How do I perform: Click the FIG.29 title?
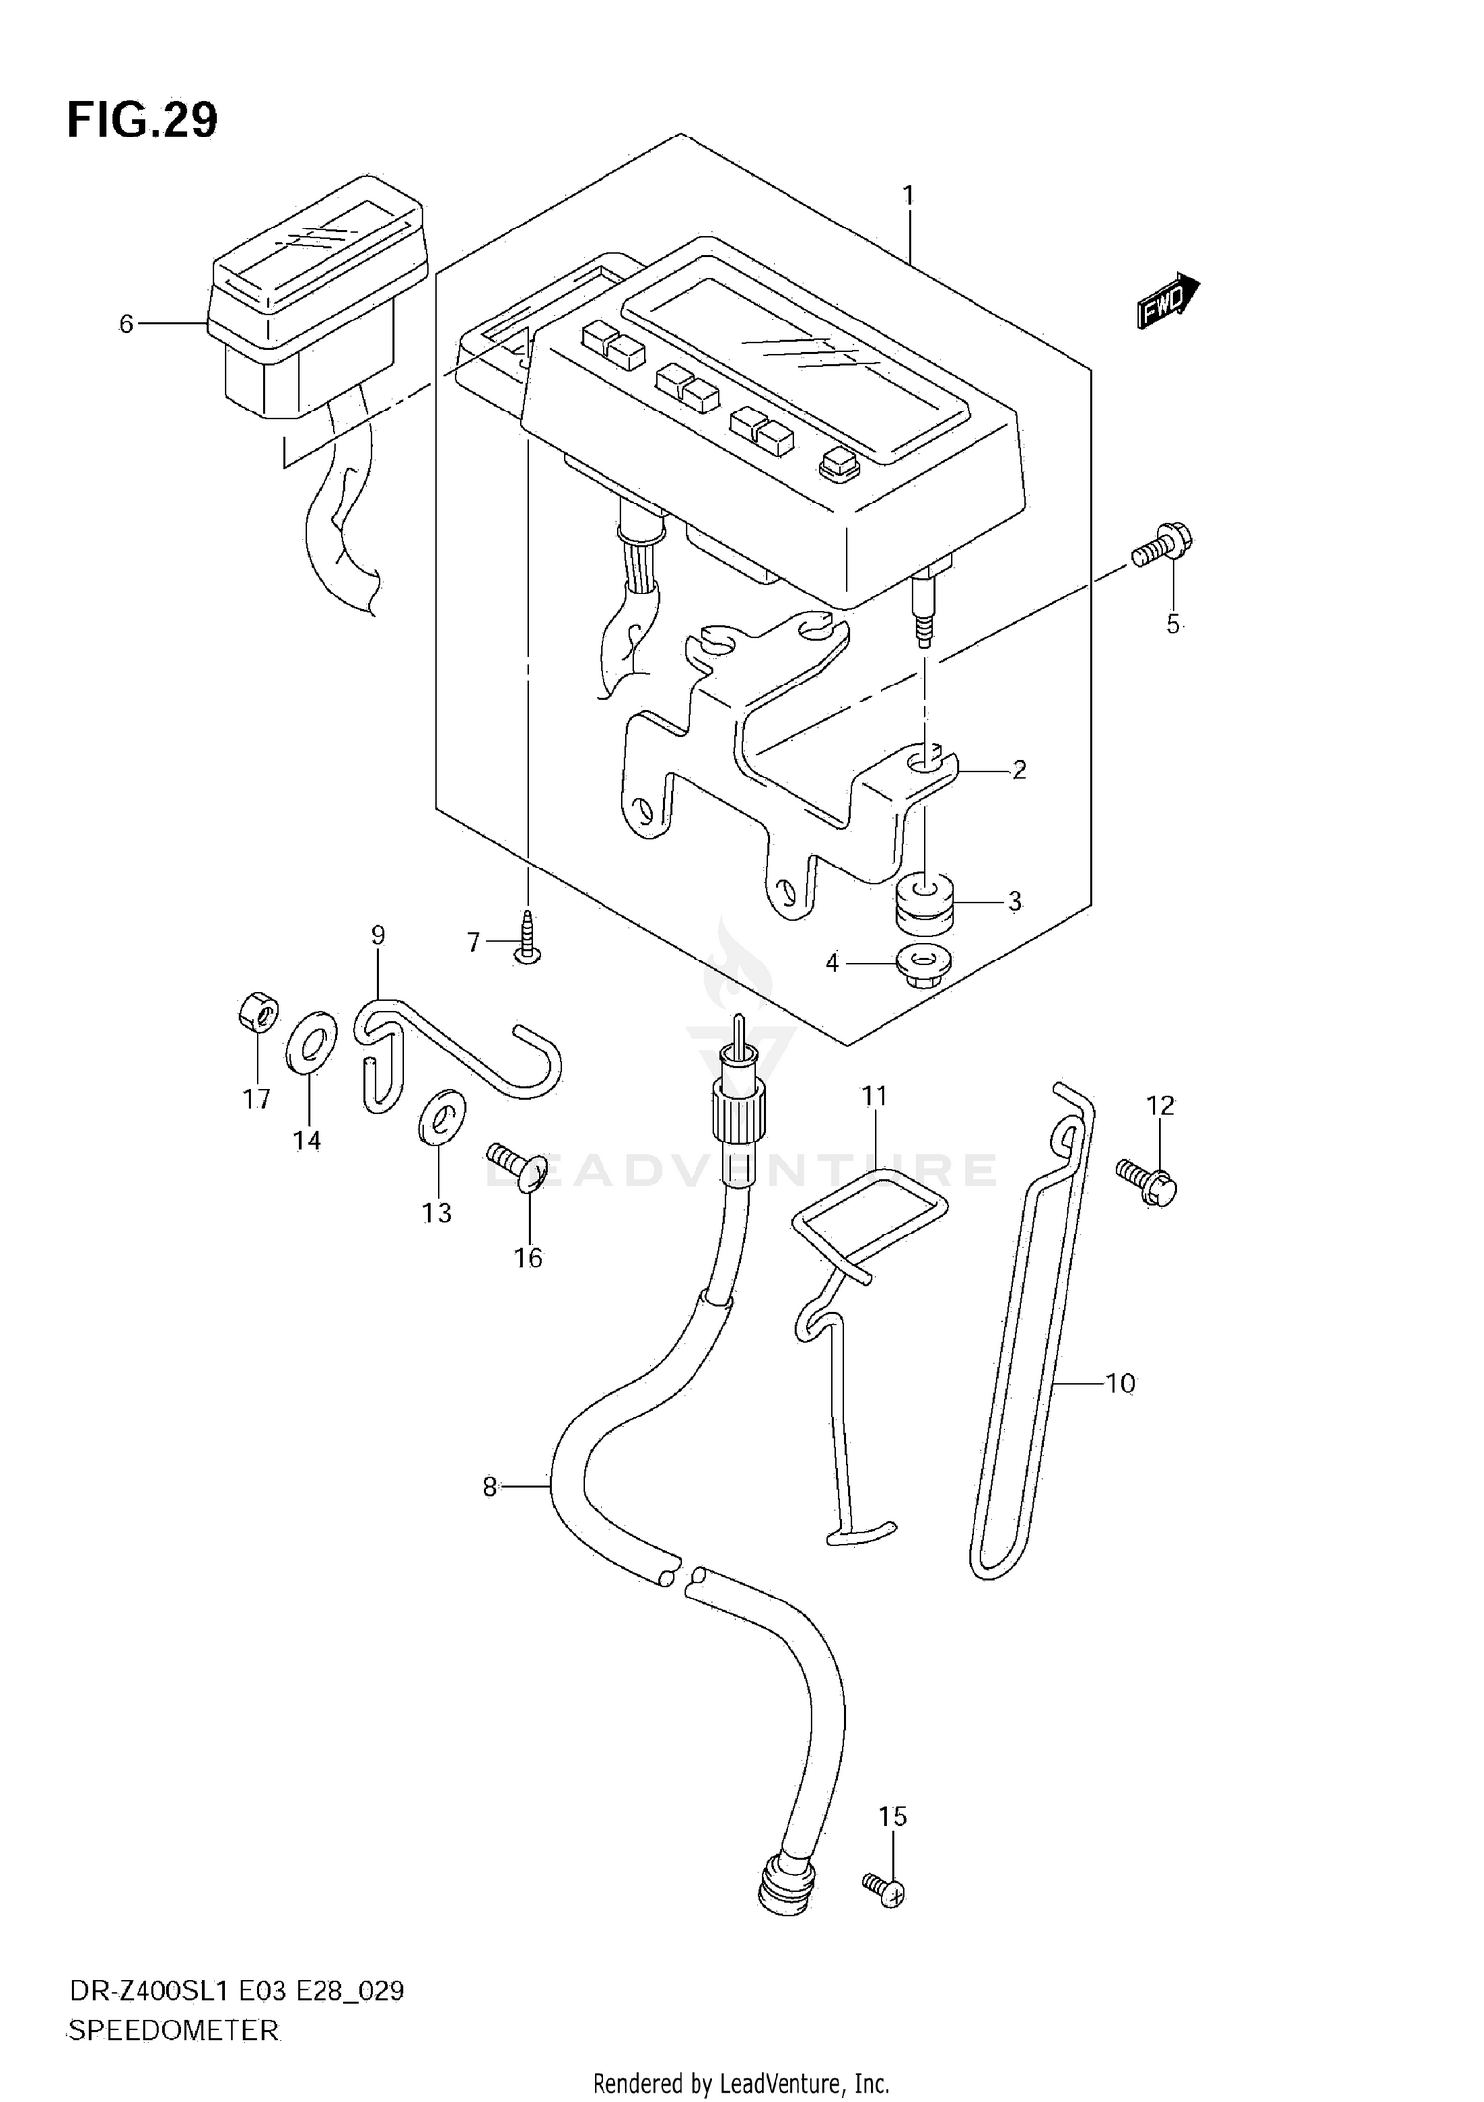[x=142, y=121]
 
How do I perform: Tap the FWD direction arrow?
[x=1167, y=302]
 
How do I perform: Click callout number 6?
[x=126, y=324]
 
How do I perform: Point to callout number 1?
[x=908, y=196]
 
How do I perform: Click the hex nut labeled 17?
[x=257, y=1012]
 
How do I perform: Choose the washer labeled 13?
[x=441, y=1117]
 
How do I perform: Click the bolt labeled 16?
[x=519, y=1166]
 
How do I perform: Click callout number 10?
[x=1120, y=1383]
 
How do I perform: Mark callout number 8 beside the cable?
[x=489, y=1514]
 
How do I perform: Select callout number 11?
[x=875, y=1096]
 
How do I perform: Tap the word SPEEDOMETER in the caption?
[x=174, y=2030]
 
